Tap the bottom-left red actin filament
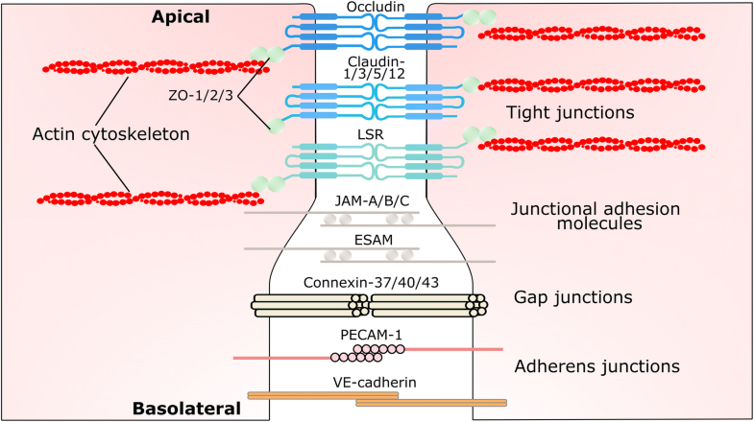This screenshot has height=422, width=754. [x=150, y=198]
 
